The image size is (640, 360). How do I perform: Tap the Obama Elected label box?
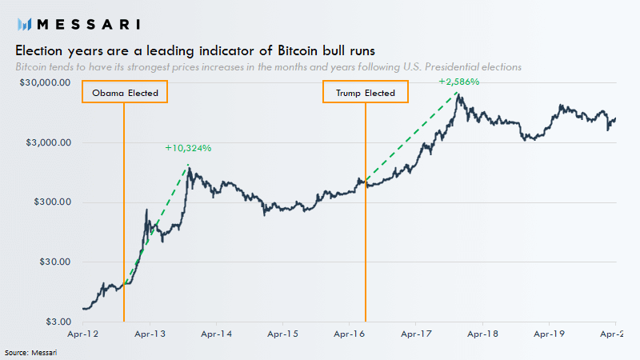click(125, 93)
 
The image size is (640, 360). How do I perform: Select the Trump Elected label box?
click(366, 93)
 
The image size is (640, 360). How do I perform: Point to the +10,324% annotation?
click(188, 148)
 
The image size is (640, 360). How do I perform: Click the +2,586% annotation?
click(458, 82)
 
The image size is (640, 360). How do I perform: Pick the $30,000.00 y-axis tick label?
click(45, 82)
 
